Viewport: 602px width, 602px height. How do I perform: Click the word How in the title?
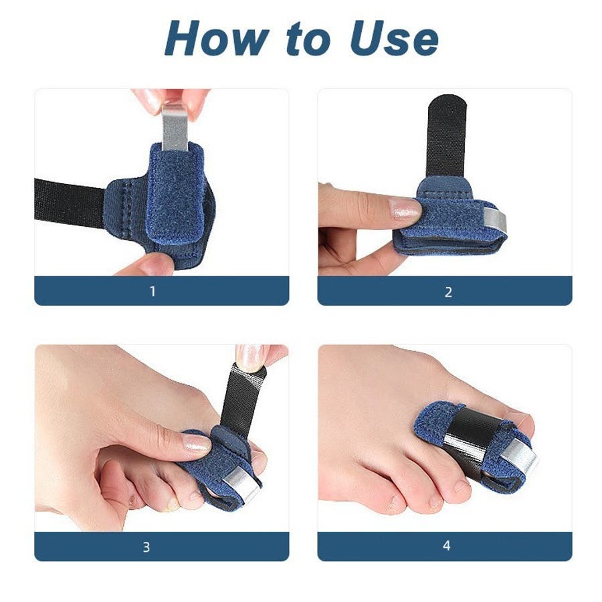pos(217,38)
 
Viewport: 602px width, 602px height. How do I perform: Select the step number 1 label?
pos(153,292)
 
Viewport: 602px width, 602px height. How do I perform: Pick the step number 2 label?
pos(448,292)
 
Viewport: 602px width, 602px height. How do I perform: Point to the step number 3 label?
pos(146,547)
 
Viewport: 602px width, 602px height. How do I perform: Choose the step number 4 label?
pos(446,546)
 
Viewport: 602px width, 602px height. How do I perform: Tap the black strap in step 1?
pos(69,204)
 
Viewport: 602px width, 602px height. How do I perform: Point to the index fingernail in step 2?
pos(405,209)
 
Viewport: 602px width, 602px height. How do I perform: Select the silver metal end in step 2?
pos(494,222)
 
